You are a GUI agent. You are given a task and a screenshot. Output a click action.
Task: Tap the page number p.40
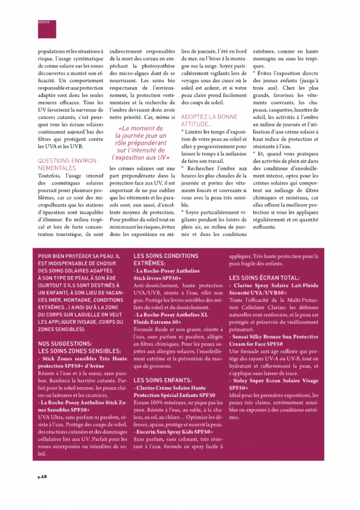click(x=42, y=477)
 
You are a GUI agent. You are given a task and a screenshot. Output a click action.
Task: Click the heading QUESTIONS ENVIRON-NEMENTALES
click(x=69, y=164)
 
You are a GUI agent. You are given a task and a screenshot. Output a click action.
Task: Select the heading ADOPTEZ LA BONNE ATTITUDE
click(x=209, y=120)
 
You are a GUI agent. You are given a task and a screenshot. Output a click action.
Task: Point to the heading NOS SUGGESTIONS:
click(x=65, y=343)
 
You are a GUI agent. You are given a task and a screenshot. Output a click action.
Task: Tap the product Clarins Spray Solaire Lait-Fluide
click(x=273, y=286)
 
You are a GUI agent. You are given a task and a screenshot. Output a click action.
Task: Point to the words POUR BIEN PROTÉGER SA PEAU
click(x=79, y=256)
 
